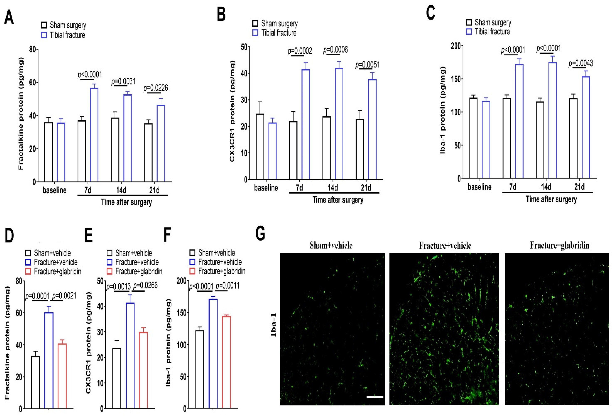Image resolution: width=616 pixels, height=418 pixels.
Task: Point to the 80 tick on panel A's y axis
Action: [x=32, y=49]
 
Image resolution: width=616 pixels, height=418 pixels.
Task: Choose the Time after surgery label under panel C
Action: [x=551, y=199]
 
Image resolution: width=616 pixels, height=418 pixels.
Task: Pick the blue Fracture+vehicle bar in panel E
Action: [x=130, y=355]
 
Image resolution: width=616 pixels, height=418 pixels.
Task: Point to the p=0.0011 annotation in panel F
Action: [x=227, y=286]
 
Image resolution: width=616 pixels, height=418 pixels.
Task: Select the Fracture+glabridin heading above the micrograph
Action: [x=559, y=245]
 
